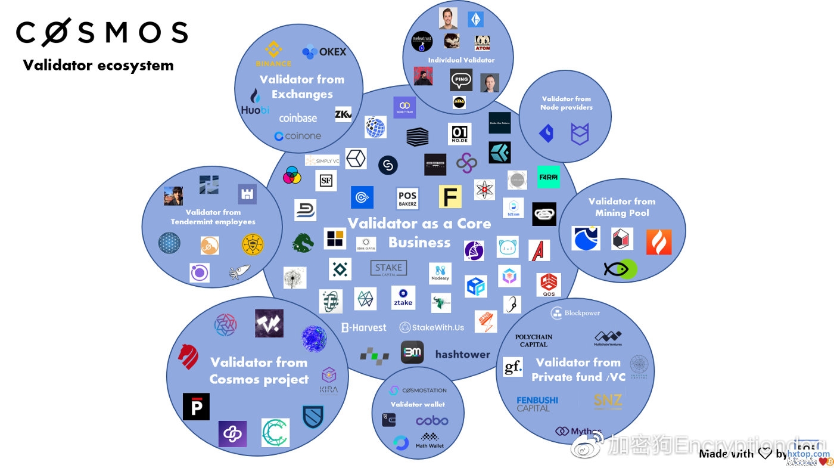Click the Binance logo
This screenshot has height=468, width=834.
[273, 52]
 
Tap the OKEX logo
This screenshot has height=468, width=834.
[324, 52]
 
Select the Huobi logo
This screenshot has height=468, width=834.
[256, 103]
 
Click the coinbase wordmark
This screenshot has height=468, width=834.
[298, 118]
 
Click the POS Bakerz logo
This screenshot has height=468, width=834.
[407, 199]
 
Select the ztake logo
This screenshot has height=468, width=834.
[403, 297]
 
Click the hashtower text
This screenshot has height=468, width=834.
[462, 354]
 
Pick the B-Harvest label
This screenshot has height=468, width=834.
[363, 327]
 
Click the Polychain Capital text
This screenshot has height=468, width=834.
[534, 340]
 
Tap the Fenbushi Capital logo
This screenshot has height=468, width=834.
[537, 404]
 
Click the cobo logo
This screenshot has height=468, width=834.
[432, 421]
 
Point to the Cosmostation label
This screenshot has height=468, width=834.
[418, 390]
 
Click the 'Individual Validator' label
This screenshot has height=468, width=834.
[461, 60]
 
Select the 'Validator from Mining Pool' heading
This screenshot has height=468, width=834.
[622, 207]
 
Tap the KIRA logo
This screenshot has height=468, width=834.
[328, 381]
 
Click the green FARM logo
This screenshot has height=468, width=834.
[548, 177]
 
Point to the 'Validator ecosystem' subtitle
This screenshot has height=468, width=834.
[98, 65]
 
